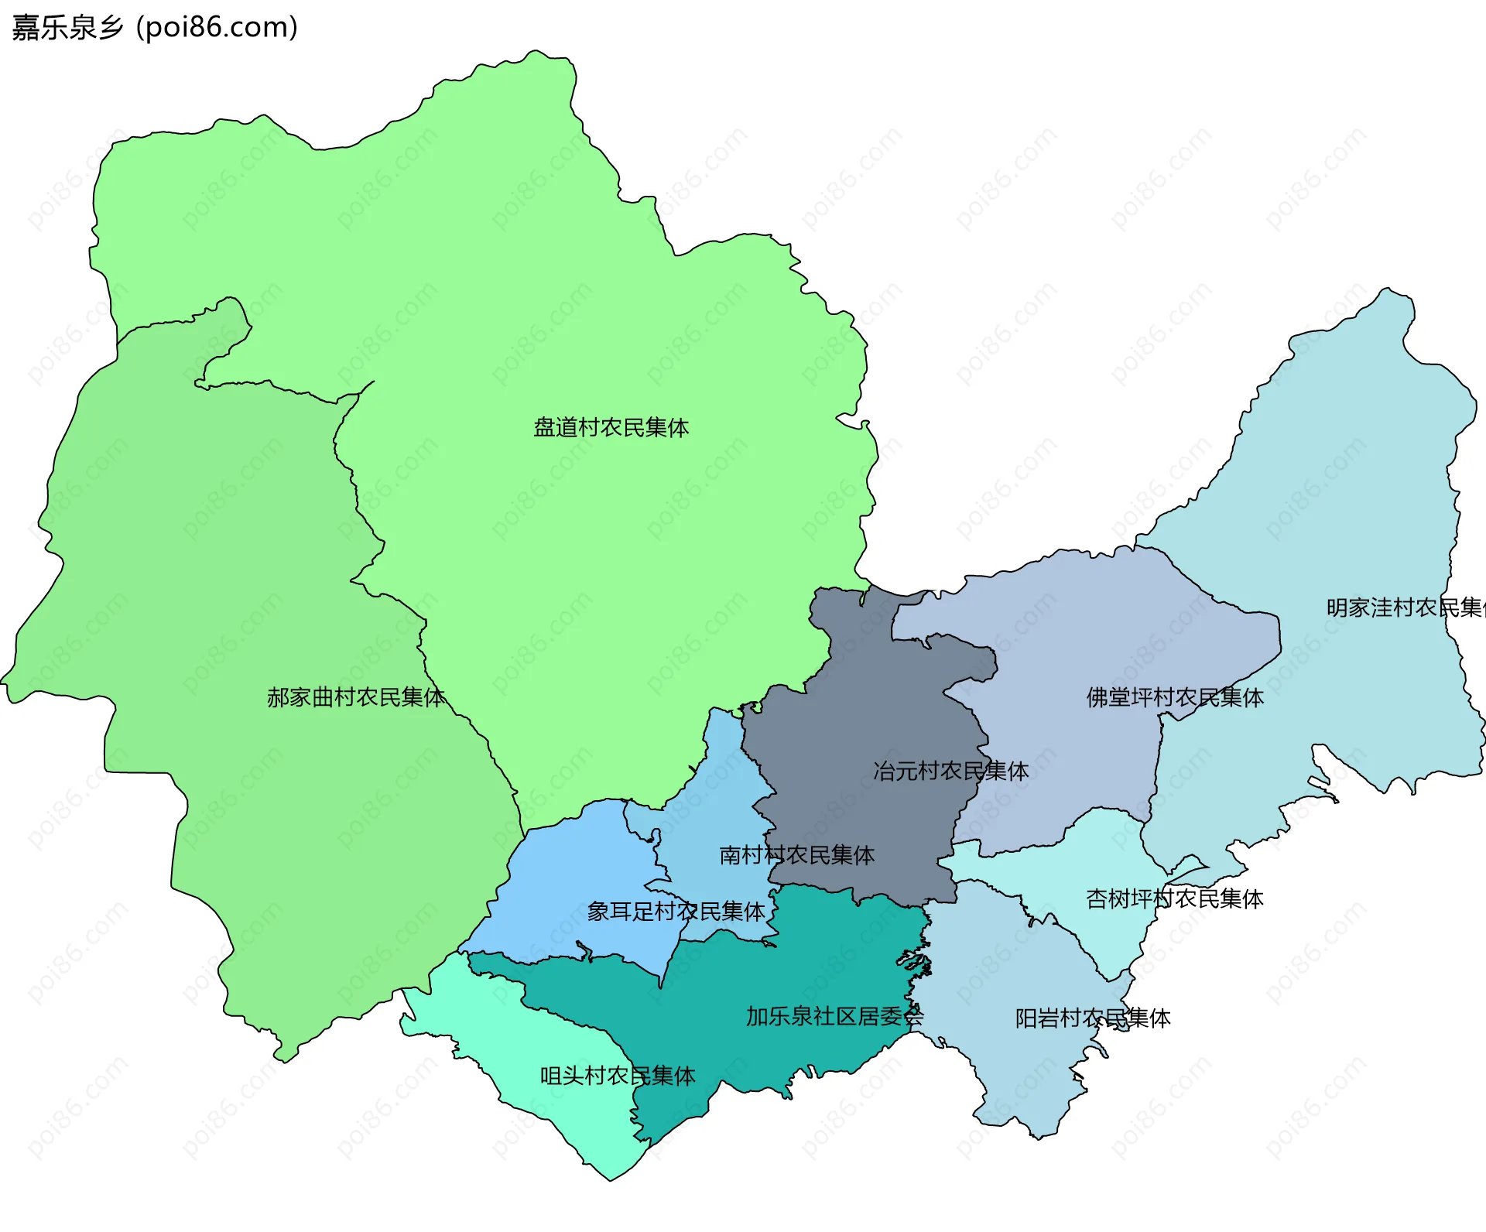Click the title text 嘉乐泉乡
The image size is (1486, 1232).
point(68,28)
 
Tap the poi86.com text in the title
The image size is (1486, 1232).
point(217,28)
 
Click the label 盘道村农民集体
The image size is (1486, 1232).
point(611,428)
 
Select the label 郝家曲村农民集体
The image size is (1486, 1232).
point(355,697)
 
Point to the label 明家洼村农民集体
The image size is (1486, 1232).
point(1404,607)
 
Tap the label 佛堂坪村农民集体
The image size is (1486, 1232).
point(1174,697)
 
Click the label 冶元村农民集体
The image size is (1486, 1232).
point(950,771)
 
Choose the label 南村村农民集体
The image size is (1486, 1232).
point(796,855)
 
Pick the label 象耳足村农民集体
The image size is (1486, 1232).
point(676,912)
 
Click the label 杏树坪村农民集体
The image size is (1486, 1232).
point(1174,898)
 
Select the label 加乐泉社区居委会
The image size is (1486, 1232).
point(834,1017)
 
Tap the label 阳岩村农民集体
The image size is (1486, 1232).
point(1092,1018)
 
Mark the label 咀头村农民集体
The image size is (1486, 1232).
point(617,1076)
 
